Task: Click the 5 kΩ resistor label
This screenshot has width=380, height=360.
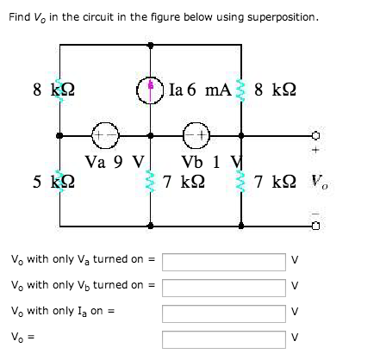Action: (53, 182)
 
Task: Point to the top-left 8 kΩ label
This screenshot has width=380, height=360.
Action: (53, 90)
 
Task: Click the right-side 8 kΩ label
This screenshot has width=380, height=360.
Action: (275, 90)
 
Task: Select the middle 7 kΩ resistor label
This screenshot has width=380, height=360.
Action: (184, 182)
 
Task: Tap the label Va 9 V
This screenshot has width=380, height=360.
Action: (115, 162)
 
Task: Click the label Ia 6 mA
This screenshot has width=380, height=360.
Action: (200, 90)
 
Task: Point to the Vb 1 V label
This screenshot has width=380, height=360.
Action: (212, 162)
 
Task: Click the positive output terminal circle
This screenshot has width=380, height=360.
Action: (315, 135)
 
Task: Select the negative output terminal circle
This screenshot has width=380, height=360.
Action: (315, 227)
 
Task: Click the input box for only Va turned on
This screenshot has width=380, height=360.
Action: (224, 262)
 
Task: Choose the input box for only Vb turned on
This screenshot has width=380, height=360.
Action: (224, 288)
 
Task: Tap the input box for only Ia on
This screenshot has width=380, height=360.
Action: (224, 313)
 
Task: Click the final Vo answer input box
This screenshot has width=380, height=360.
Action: (224, 339)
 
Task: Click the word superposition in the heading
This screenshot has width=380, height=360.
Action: (282, 18)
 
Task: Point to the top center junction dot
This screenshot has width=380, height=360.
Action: (150, 45)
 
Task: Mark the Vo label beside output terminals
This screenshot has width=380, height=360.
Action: (320, 182)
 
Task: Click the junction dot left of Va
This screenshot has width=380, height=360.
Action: (59, 135)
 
